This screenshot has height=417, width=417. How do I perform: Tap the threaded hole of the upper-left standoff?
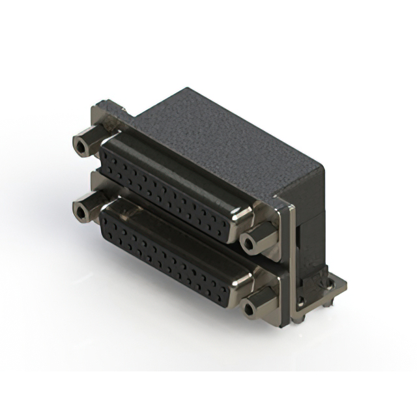[81, 145]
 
